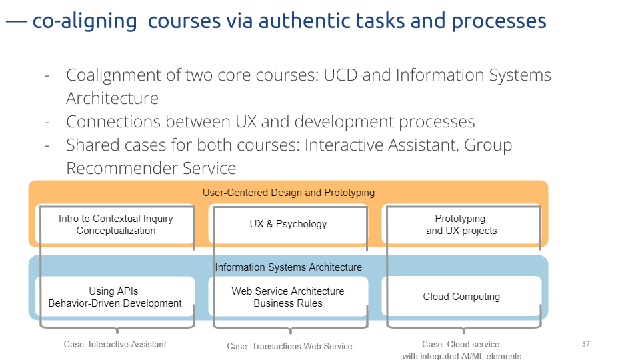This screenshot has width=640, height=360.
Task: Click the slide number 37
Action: [586, 344]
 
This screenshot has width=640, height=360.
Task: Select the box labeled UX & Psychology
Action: [288, 224]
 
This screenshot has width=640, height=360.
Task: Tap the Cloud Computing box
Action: [461, 296]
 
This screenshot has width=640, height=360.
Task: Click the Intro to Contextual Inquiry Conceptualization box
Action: [115, 224]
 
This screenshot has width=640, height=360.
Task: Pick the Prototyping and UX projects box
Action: [461, 224]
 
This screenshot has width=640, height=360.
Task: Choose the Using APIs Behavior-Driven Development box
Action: [115, 296]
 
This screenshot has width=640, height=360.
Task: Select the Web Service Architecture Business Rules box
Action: [288, 296]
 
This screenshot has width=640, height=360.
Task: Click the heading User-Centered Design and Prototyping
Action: [289, 193]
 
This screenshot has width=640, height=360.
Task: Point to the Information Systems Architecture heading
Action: [289, 267]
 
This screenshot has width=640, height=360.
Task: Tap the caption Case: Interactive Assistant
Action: [115, 345]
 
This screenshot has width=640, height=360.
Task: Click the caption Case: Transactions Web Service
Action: [290, 347]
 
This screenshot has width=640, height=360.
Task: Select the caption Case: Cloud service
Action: [461, 345]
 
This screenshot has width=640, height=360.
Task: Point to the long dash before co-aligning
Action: [16, 21]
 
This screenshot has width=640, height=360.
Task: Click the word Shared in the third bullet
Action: [92, 145]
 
